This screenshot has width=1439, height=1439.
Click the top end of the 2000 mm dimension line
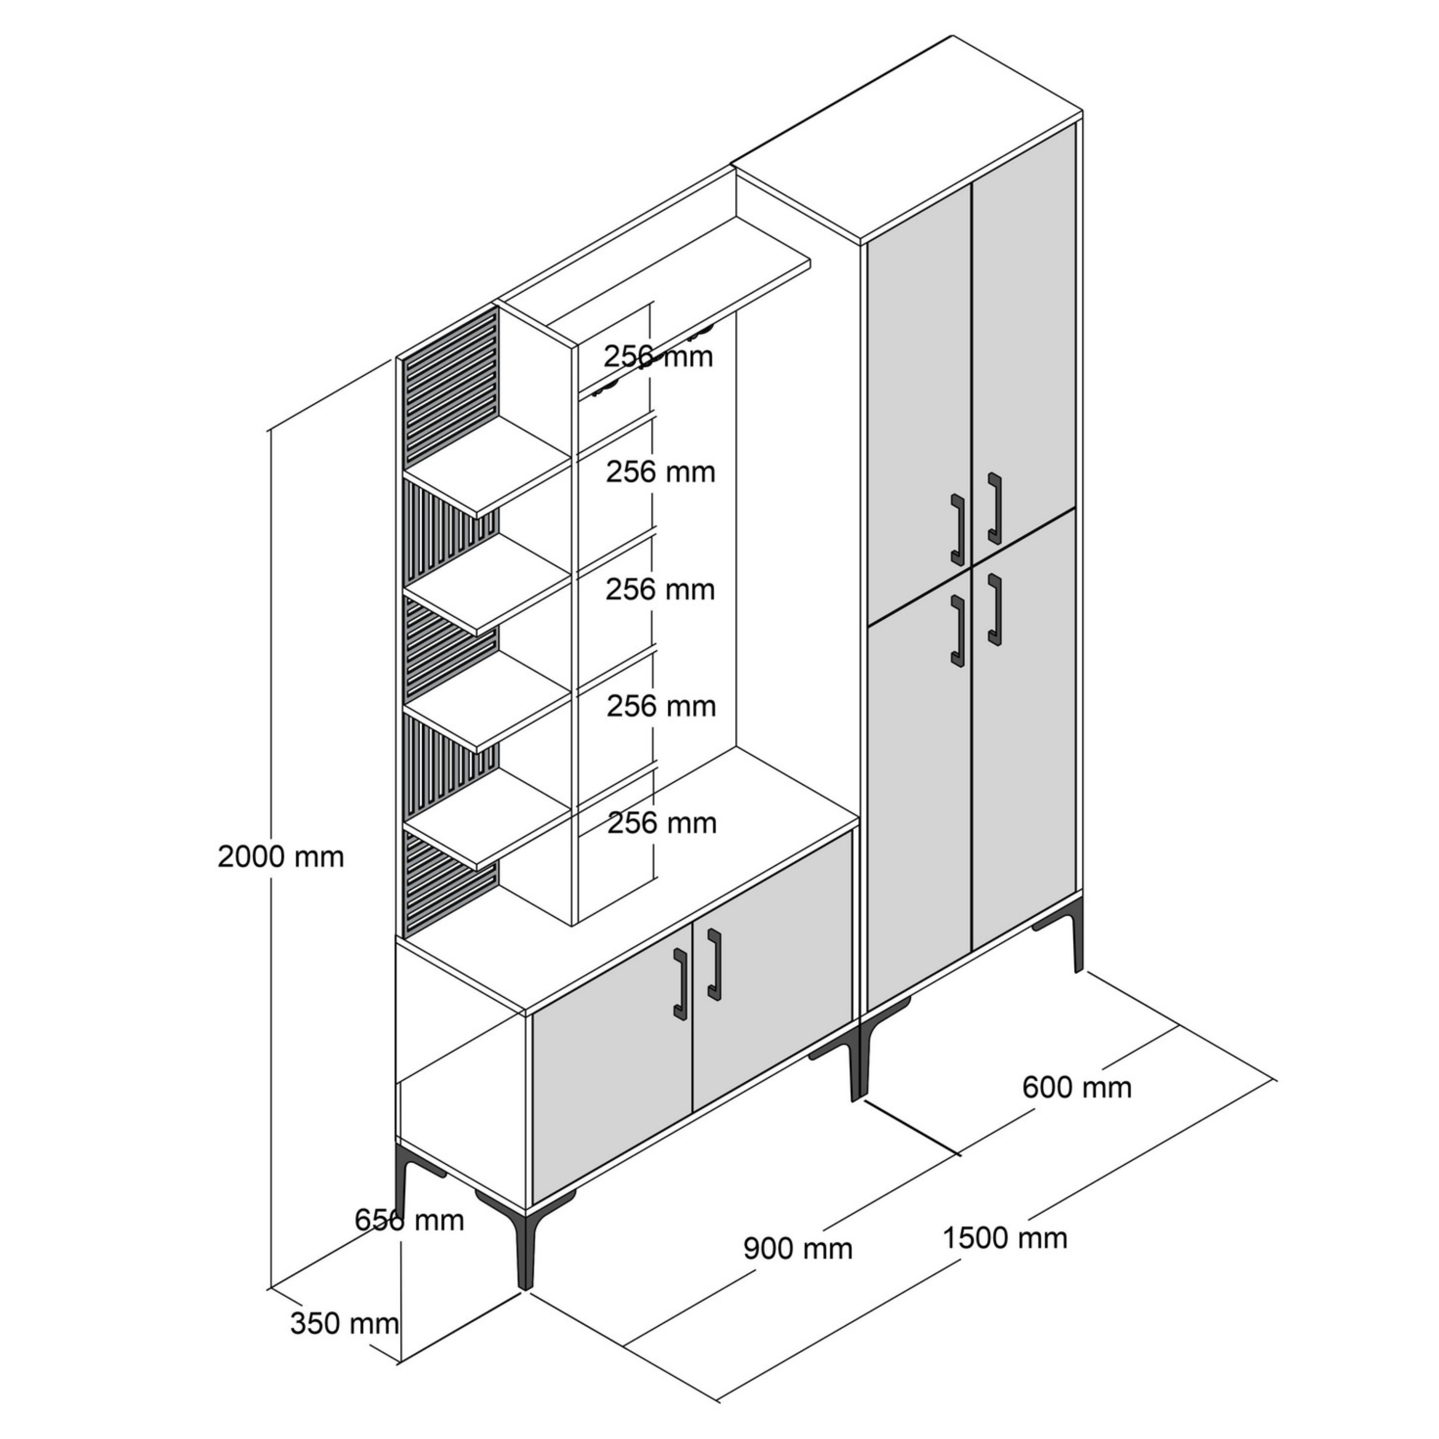(x=270, y=431)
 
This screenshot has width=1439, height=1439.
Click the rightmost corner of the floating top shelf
(x=810, y=263)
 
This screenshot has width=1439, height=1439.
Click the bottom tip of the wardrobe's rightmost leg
(x=1078, y=971)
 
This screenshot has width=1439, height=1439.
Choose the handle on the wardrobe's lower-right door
(x=994, y=609)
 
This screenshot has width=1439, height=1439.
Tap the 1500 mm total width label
(x=1005, y=1238)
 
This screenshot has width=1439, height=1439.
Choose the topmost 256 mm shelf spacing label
(x=659, y=357)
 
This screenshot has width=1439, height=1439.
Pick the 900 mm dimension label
(x=798, y=1248)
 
